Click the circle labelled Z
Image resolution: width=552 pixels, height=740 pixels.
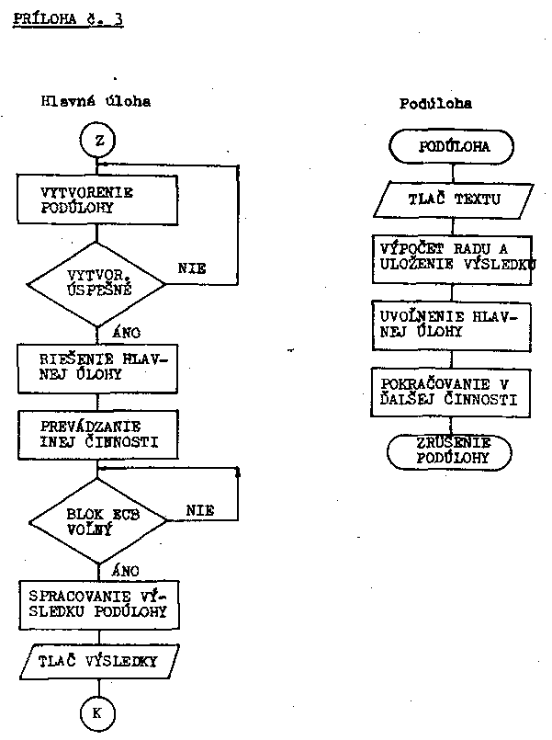(x=96, y=142)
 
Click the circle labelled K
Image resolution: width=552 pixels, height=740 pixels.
(x=96, y=712)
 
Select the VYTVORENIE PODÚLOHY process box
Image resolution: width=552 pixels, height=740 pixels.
(x=96, y=199)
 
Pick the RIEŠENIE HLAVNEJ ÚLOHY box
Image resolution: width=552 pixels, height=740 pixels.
(x=96, y=368)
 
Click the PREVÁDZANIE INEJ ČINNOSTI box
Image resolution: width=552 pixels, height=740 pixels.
(x=96, y=434)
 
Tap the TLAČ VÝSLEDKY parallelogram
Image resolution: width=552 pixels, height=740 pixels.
(x=96, y=661)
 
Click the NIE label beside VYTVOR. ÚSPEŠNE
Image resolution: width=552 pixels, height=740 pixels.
(x=191, y=268)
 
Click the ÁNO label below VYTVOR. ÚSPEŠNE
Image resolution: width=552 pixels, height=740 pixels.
(x=124, y=332)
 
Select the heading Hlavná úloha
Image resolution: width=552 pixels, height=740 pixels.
(x=96, y=102)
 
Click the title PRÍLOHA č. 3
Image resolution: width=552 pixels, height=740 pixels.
(x=69, y=18)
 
